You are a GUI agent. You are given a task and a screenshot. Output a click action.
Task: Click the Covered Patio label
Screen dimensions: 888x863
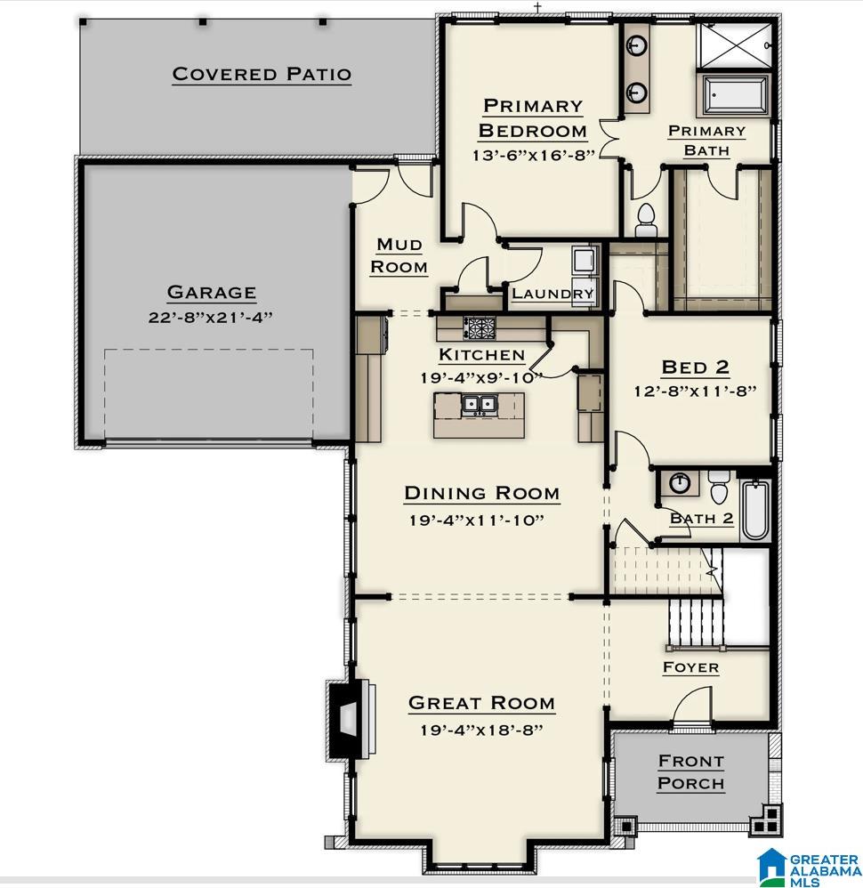pyautogui.click(x=262, y=74)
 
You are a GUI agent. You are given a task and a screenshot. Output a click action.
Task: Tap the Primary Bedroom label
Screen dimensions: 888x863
pyautogui.click(x=532, y=118)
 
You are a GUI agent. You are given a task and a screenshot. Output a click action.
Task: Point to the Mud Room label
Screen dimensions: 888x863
pyautogui.click(x=399, y=255)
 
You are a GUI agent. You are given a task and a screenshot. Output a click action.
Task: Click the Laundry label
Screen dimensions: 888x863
pyautogui.click(x=552, y=294)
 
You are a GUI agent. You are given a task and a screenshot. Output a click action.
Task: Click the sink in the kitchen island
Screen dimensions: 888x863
pyautogui.click(x=479, y=407)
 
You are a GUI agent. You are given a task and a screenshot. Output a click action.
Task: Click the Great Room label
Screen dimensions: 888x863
pyautogui.click(x=481, y=703)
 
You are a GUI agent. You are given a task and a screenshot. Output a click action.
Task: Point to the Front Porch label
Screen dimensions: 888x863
pyautogui.click(x=690, y=772)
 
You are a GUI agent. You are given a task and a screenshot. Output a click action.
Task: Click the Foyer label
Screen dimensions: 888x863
pyautogui.click(x=690, y=667)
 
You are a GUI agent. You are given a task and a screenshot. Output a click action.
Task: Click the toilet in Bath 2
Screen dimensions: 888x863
pyautogui.click(x=719, y=488)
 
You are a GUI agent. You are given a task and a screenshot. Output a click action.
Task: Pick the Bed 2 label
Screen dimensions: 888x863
pyautogui.click(x=696, y=367)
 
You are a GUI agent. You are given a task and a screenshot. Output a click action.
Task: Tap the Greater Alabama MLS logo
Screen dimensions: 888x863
pyautogui.click(x=805, y=866)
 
